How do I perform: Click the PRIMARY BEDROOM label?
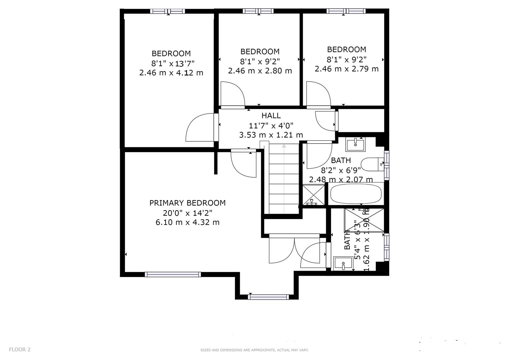pos(187,203)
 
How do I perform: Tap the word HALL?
pos(271,116)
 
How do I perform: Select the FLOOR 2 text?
pos(20,350)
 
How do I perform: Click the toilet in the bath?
pos(373,164)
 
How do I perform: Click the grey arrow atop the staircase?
pos(284,146)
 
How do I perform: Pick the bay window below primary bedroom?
pos(268,297)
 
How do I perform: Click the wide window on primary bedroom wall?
pos(173,274)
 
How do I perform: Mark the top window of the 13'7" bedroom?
pos(167,11)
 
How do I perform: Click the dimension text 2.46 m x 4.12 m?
pos(171,73)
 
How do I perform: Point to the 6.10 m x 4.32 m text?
pos(187,222)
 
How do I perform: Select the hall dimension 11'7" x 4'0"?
pos(271,126)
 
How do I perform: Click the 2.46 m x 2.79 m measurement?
pos(347,69)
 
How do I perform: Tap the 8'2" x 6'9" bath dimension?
pos(341,170)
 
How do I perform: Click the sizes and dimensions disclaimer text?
pos(254,350)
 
